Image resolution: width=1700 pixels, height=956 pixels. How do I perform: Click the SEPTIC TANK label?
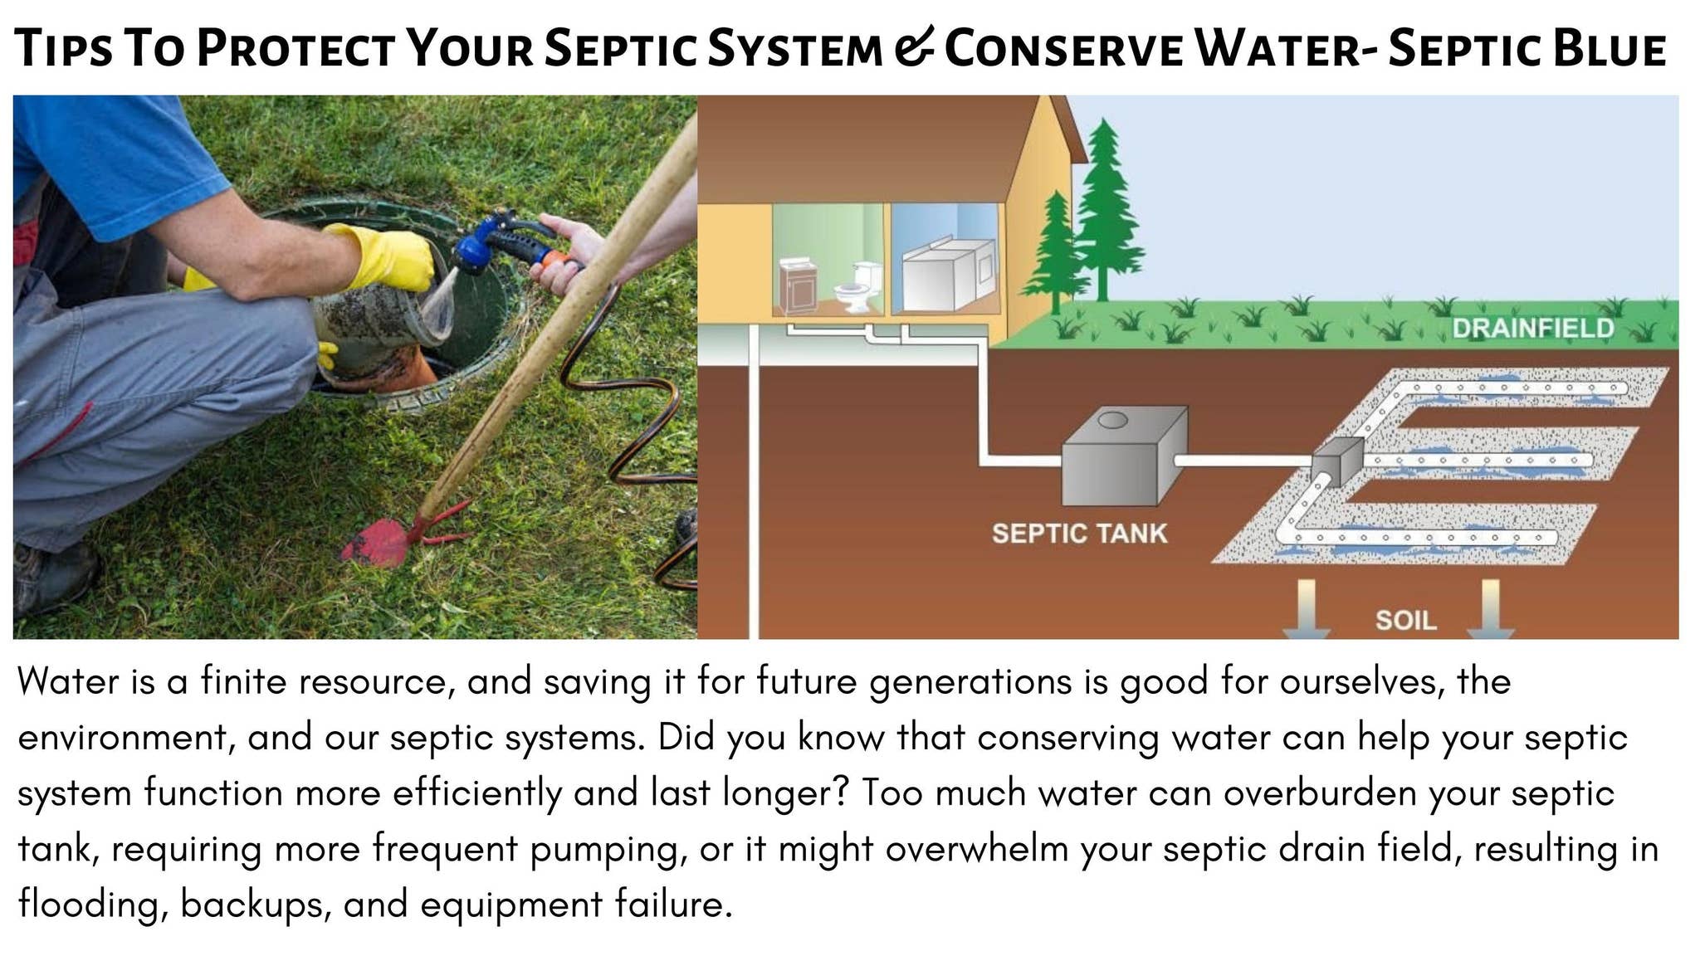point(1079,533)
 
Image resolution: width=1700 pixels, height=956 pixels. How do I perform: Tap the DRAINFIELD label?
point(1532,329)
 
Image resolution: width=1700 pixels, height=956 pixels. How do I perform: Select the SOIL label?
point(1405,620)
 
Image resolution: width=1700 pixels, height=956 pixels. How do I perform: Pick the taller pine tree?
point(1102,207)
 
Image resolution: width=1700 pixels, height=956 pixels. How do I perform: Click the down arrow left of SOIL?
point(1306,609)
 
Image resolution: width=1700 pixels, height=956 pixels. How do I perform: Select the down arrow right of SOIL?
point(1490,609)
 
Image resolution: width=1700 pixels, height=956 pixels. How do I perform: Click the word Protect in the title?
point(295,48)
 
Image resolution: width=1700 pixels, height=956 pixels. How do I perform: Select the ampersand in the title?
point(914,48)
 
